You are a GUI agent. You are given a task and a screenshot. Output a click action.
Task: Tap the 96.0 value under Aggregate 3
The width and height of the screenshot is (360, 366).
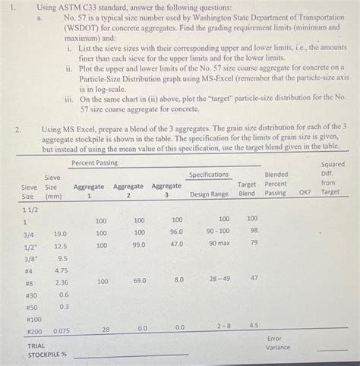point(177,232)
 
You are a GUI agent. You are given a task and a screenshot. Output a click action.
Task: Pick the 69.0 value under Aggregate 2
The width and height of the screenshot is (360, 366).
point(139,280)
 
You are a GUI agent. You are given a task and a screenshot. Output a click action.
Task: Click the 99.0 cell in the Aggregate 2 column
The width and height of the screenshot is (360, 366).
point(139,245)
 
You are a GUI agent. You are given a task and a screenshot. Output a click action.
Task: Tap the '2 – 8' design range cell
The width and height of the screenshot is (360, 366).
point(225,326)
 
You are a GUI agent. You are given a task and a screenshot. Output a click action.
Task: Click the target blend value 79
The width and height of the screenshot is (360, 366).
point(254,242)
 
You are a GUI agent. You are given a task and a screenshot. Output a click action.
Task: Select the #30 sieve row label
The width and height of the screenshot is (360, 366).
point(31,295)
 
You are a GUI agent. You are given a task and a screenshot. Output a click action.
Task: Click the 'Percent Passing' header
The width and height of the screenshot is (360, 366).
point(96,163)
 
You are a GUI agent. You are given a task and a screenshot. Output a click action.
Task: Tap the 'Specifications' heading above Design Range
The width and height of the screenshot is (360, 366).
point(209,175)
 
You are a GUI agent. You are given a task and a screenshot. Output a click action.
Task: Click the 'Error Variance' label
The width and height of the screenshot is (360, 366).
point(278,343)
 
